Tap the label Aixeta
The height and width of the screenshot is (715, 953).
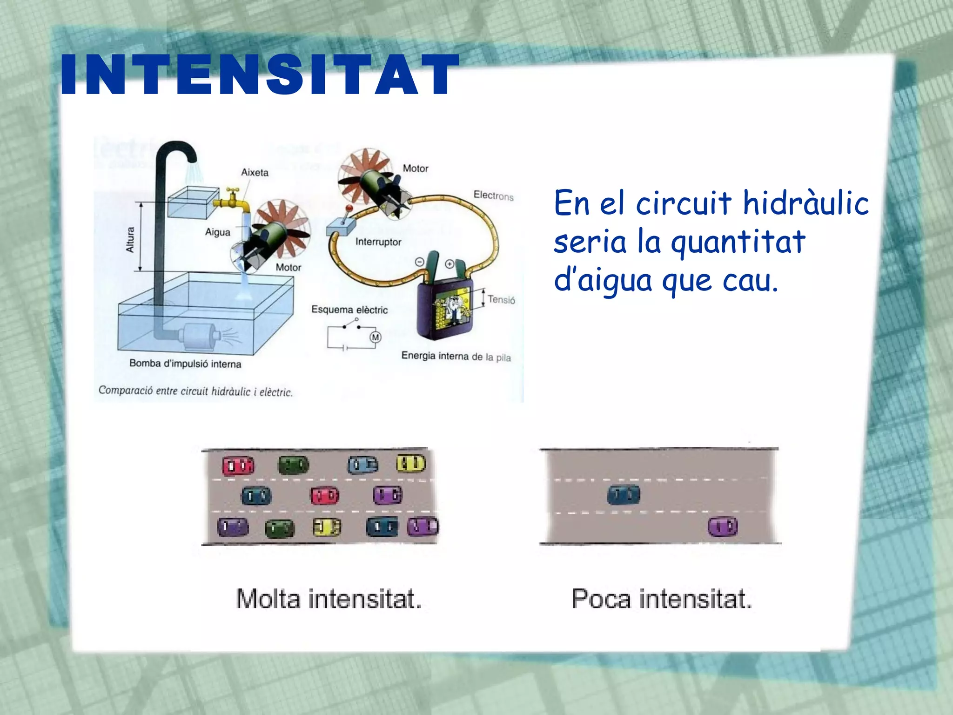(x=255, y=172)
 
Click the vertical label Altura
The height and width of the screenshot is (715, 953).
(x=130, y=240)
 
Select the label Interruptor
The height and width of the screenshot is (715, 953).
(x=378, y=242)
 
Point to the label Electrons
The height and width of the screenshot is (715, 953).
(x=493, y=196)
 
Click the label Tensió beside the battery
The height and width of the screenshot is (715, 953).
(x=501, y=299)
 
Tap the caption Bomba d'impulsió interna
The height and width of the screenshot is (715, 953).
(x=185, y=364)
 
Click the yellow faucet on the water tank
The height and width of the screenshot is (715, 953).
(x=231, y=200)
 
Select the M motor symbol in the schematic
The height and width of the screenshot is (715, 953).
(x=375, y=337)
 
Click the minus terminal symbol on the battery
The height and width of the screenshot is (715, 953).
(x=419, y=263)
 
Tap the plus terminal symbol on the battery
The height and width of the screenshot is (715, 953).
(x=450, y=264)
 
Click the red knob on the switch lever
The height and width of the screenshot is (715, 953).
(x=349, y=208)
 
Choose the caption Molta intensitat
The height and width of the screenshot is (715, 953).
(x=329, y=599)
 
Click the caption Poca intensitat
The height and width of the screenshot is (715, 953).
(x=661, y=599)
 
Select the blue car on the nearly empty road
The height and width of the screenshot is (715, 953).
(x=624, y=494)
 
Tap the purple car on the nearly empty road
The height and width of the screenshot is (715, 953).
(x=723, y=526)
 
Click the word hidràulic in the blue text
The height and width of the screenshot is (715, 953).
(x=805, y=203)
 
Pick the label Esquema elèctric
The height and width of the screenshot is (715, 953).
(x=349, y=310)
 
